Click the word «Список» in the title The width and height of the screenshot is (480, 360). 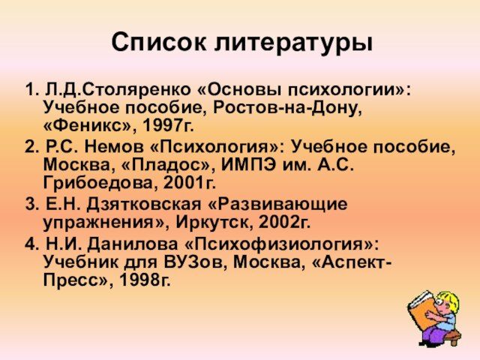[159, 42]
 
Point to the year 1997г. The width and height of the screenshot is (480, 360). [168, 125]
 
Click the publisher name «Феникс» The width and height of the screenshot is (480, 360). [88, 125]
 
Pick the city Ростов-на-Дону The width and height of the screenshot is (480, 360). [287, 108]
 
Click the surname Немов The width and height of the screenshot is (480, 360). [114, 147]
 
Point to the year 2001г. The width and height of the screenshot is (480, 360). [190, 183]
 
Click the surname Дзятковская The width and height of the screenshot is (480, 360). [143, 204]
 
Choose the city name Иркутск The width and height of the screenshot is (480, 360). [214, 223]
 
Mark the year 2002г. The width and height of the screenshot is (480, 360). [284, 223]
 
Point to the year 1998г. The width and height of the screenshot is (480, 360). [145, 280]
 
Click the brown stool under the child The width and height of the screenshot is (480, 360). [452, 335]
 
